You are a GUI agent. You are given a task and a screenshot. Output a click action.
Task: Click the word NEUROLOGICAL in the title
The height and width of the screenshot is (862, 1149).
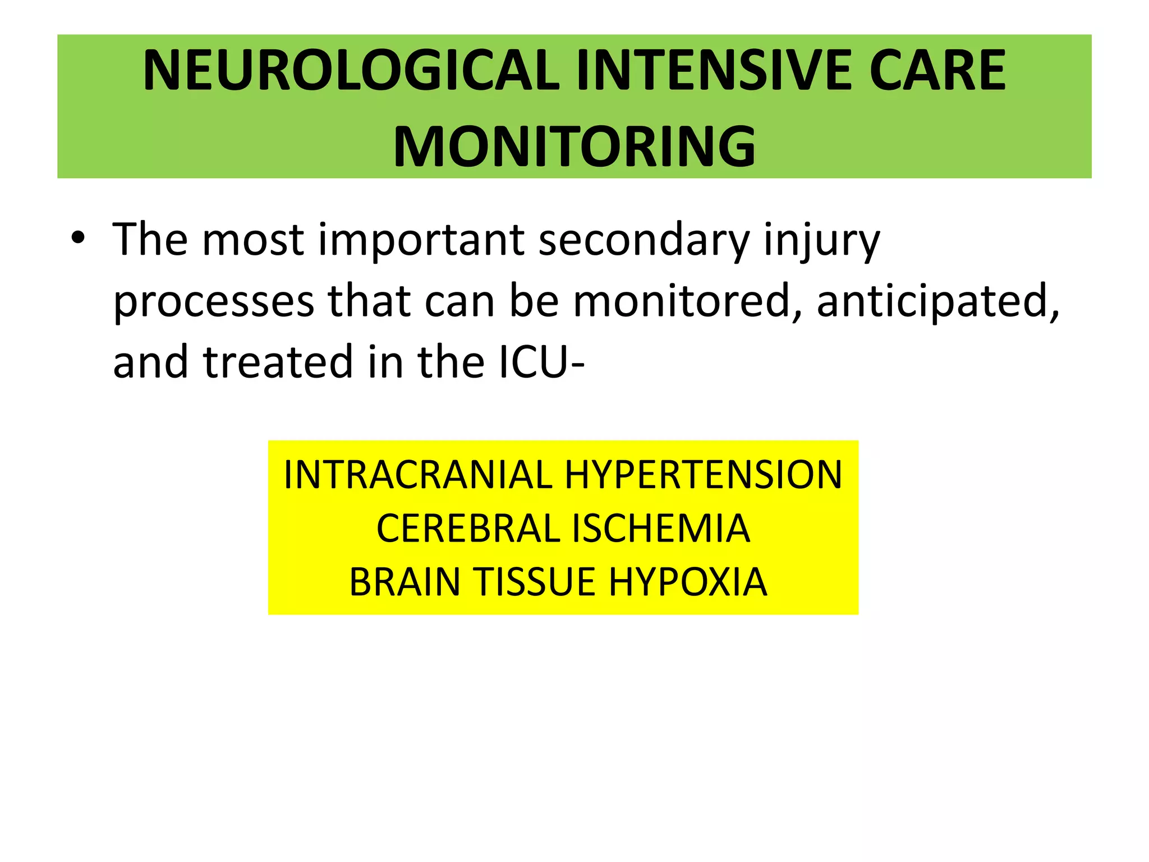click(352, 70)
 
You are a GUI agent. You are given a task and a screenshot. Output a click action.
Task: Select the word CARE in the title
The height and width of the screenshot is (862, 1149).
click(937, 70)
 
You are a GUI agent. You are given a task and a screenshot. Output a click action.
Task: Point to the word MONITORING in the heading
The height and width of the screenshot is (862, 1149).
click(574, 146)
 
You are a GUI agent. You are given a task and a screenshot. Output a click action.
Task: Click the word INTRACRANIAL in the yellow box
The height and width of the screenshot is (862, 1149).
click(418, 475)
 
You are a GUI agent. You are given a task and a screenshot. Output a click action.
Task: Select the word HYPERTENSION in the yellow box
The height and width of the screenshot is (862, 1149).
click(704, 475)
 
